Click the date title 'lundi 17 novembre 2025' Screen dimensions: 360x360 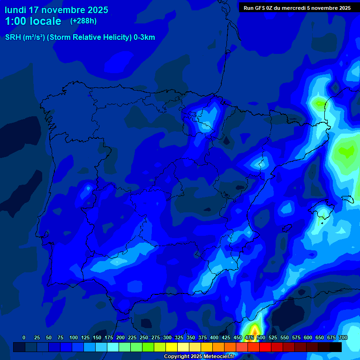(56, 10)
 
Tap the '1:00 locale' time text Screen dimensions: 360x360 (33, 21)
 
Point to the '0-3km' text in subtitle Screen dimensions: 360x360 (144, 37)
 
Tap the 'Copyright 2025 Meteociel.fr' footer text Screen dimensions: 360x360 (199, 356)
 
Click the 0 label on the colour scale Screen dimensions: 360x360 (24, 337)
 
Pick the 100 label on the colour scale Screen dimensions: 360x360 (74, 337)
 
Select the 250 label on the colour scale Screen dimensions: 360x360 (144, 337)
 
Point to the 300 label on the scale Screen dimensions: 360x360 (167, 337)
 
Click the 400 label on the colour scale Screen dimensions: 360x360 (214, 337)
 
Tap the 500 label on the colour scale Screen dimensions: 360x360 (261, 337)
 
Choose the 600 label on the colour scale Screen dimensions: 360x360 (308, 337)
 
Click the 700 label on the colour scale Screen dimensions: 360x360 (343, 337)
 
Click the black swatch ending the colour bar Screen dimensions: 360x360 (336, 347)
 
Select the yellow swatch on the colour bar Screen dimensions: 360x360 (172, 347)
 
